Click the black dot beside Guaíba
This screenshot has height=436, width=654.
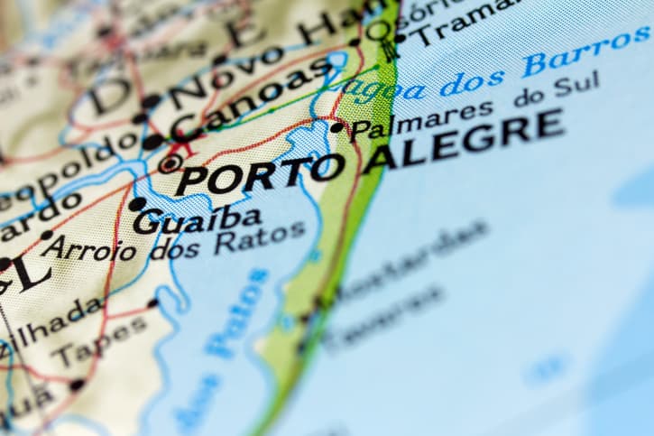click(136, 205)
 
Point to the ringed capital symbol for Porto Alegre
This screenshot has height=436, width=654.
click(170, 163)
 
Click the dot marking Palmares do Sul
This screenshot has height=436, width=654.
click(337, 127)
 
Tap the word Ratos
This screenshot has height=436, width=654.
click(259, 237)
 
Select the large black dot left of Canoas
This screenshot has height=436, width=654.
click(152, 142)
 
